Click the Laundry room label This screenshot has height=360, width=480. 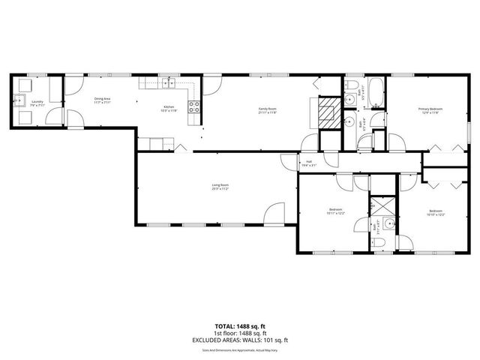pyautogui.click(x=37, y=103)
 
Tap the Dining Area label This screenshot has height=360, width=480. pyautogui.click(x=103, y=100)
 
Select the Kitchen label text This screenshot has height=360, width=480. pyautogui.click(x=169, y=109)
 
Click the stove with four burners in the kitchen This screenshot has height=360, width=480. pyautogui.click(x=193, y=106)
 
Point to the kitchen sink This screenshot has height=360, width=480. pyautogui.click(x=170, y=82)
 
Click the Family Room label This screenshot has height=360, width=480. pyautogui.click(x=268, y=111)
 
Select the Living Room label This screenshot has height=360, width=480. pyautogui.click(x=220, y=186)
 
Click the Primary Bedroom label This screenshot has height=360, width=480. pyautogui.click(x=430, y=111)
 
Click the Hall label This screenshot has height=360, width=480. pyautogui.click(x=308, y=163)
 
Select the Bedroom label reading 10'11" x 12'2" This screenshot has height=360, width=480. pyautogui.click(x=335, y=211)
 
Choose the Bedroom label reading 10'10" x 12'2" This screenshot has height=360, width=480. pyautogui.click(x=436, y=212)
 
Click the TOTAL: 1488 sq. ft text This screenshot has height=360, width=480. pyautogui.click(x=239, y=327)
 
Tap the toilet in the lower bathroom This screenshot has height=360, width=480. pyautogui.click(x=386, y=223)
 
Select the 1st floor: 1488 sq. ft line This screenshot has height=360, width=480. pyautogui.click(x=239, y=333)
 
